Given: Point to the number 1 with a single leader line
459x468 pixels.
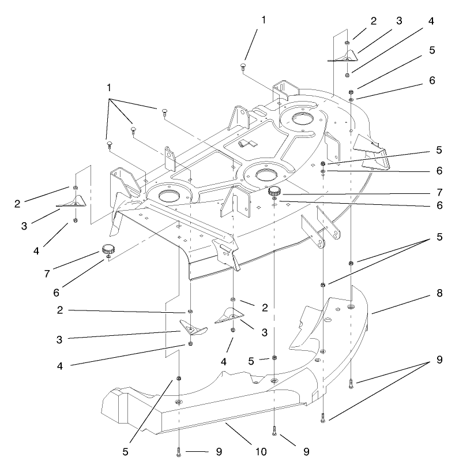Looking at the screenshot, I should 264,19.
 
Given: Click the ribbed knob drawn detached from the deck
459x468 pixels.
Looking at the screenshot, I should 107,250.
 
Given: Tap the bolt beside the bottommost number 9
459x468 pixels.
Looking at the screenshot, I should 179,451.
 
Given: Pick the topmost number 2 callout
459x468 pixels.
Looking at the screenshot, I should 374,21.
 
